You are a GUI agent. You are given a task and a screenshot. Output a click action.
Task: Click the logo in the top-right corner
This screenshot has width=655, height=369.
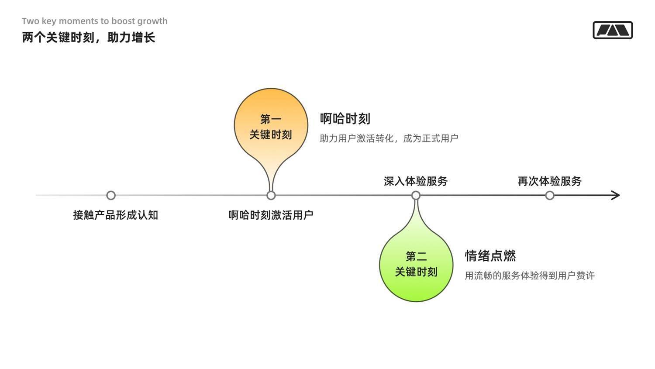[x=613, y=30]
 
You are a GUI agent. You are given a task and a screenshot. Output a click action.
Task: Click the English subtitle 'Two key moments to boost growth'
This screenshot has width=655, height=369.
[x=94, y=21]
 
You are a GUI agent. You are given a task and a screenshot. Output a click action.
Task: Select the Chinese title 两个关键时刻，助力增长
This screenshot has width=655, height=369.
[x=88, y=38]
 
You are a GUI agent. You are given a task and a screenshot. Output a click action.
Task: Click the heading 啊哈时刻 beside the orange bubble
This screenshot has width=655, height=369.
[x=345, y=119]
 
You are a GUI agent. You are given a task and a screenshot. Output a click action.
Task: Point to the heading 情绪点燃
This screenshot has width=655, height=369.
[x=490, y=256]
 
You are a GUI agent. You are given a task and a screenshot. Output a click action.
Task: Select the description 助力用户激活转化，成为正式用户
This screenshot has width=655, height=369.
[x=389, y=138]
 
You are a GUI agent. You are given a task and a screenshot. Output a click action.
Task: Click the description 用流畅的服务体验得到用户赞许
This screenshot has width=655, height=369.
[x=530, y=276]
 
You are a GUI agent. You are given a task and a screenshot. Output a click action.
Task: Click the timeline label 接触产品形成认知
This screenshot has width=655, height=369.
[x=116, y=215]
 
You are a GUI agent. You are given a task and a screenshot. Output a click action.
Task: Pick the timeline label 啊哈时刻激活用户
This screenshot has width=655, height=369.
[x=271, y=215]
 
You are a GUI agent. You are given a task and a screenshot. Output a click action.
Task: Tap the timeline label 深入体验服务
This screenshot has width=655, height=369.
[x=416, y=181]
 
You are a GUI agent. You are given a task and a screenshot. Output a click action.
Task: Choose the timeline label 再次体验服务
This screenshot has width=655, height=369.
[x=549, y=181]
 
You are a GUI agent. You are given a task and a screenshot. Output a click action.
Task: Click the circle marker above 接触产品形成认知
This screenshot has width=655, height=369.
[x=111, y=195]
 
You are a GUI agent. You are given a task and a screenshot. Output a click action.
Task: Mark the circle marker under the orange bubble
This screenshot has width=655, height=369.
[x=271, y=195]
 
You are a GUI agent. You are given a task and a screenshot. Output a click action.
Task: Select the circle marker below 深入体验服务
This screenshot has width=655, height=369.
[x=416, y=195]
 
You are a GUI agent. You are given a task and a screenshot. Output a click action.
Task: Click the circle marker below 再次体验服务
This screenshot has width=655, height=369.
[x=550, y=195]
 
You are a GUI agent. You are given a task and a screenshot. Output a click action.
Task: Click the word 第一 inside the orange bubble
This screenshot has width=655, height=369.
[x=271, y=119]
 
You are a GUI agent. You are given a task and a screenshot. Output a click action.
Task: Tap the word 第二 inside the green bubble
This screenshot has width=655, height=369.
[x=416, y=257]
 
